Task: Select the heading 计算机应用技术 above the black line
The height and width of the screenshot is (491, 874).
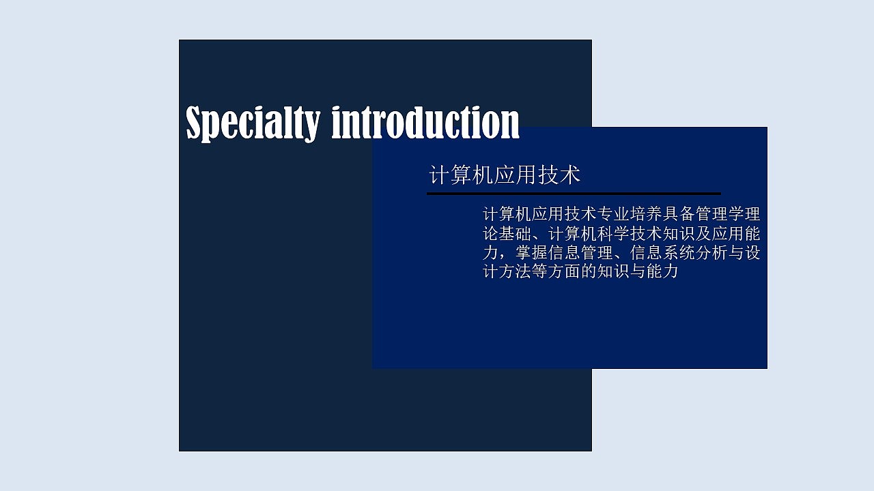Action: click(x=505, y=175)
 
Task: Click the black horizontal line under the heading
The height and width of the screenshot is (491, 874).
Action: click(x=574, y=194)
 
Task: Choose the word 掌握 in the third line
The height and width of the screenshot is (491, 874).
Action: click(x=532, y=253)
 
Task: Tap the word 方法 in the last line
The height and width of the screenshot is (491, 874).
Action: click(x=516, y=272)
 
